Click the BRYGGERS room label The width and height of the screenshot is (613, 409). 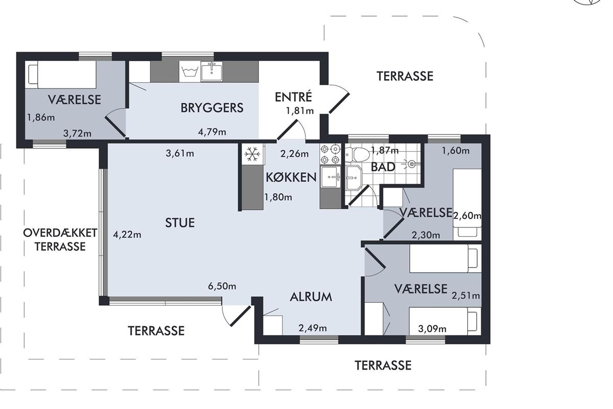(212, 108)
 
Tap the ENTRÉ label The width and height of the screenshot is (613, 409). (293, 97)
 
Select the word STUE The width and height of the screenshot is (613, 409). (180, 223)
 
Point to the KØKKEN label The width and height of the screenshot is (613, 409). (291, 177)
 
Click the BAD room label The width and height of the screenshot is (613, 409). (383, 167)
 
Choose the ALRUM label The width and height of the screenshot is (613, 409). (311, 297)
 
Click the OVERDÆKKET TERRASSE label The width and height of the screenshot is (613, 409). (60, 240)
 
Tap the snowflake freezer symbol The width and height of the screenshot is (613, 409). (252, 154)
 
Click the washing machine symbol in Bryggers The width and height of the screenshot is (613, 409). (190, 72)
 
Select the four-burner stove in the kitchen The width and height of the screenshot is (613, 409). (330, 154)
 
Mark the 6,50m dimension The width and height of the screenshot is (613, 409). (222, 286)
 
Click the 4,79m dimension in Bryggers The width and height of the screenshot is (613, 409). (212, 132)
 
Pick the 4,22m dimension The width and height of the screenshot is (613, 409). (127, 235)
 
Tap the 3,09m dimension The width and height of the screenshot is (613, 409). (432, 329)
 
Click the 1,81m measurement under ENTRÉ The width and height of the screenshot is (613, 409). (300, 111)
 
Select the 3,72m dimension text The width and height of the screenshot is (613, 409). (77, 133)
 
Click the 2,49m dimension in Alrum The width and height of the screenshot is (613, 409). (313, 328)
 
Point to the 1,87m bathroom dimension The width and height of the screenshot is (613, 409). (385, 150)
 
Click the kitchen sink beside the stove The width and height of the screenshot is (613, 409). (331, 177)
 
